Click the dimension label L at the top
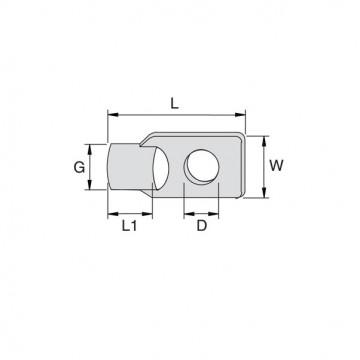pos(174,101)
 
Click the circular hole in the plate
pos(202,165)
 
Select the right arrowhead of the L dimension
pos(242,115)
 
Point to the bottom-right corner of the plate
pos(239,194)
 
